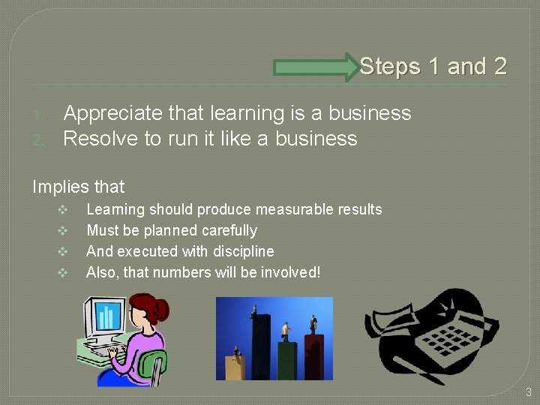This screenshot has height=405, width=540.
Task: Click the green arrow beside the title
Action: (x=315, y=67)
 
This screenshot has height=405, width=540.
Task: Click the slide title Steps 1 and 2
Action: (x=433, y=67)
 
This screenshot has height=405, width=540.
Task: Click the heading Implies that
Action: (x=78, y=186)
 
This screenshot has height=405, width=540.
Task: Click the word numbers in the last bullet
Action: (x=175, y=272)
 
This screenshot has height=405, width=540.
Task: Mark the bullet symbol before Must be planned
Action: (x=63, y=231)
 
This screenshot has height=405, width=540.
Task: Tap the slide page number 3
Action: (x=528, y=391)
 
